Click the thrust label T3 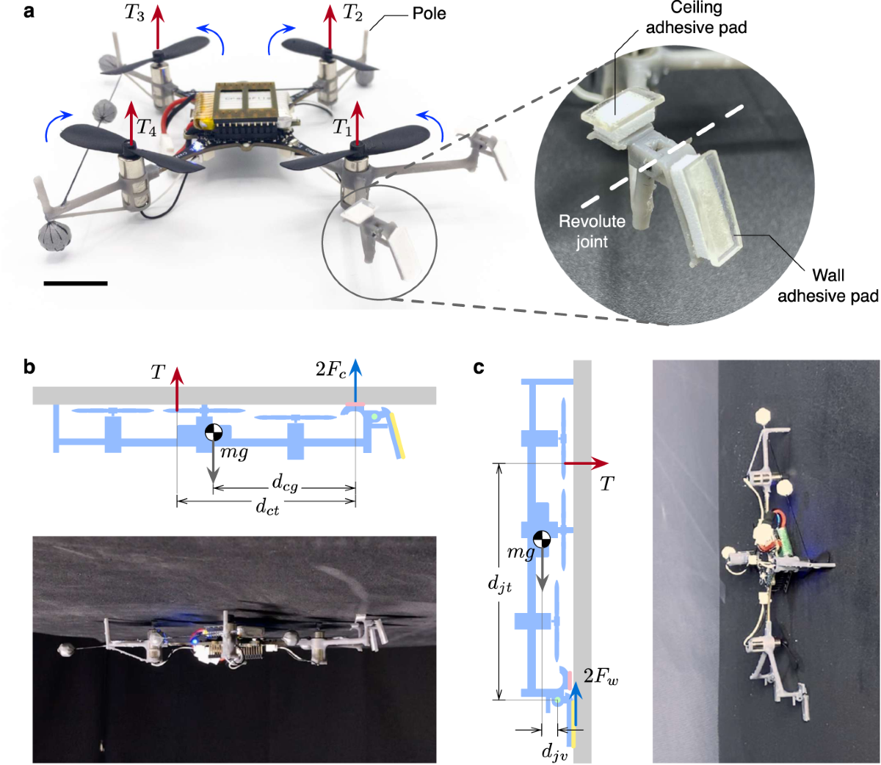(134, 14)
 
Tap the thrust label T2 (353, 14)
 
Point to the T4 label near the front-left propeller (148, 129)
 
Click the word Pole (429, 13)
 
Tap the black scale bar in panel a (76, 283)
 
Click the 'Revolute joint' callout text (592, 231)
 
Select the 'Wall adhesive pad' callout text (827, 286)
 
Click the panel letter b (29, 366)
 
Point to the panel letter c (479, 366)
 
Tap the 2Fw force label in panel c (601, 676)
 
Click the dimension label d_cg (285, 482)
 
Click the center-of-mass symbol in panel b (213, 432)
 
